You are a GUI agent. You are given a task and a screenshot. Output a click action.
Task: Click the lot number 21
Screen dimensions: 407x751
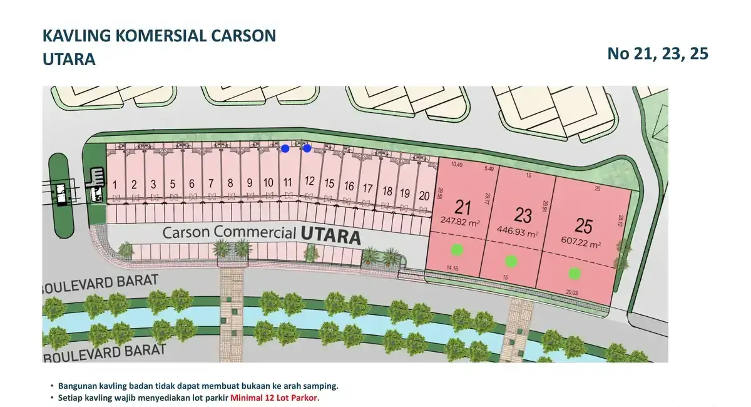[x=463, y=207]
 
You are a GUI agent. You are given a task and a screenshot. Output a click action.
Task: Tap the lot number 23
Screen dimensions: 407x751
[x=523, y=215]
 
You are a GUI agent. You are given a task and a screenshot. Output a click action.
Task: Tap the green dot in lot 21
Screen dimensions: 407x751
[x=457, y=249]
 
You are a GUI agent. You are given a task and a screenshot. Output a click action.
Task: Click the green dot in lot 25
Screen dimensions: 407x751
[x=575, y=273]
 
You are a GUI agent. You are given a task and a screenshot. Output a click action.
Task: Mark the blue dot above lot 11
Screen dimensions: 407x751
[x=285, y=148]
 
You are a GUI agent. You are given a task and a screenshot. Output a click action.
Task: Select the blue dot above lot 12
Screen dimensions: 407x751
[x=307, y=148]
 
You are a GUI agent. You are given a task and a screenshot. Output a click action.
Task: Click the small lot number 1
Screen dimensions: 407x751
[x=115, y=185]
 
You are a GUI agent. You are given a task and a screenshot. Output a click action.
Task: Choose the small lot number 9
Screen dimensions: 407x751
[x=249, y=183]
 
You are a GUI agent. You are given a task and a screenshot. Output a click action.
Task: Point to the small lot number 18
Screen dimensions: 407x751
[x=387, y=191]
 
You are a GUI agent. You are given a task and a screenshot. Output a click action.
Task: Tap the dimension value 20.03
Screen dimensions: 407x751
[x=572, y=292]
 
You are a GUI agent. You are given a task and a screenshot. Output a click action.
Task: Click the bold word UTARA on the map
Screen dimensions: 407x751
[x=330, y=237]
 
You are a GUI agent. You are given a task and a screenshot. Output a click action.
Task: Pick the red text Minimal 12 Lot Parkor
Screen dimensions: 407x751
[x=275, y=398]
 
